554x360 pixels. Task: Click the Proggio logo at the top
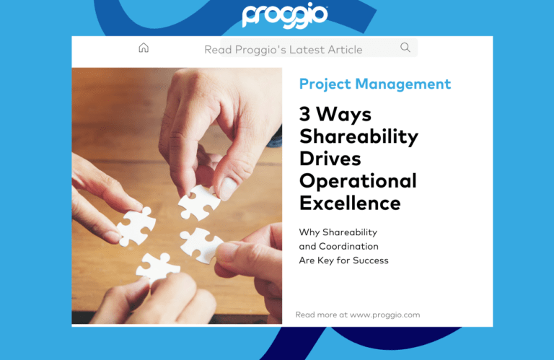(285, 16)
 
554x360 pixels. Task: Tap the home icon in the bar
(144, 48)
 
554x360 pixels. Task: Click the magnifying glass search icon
(405, 48)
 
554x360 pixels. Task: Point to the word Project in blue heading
(324, 84)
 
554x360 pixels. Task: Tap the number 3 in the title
(304, 115)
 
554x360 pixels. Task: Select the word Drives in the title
(330, 158)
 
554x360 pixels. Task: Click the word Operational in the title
(358, 180)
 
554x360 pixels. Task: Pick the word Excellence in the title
(350, 203)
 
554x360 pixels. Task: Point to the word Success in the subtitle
(371, 260)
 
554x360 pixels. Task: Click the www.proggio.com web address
(384, 315)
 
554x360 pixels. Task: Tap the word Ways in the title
(344, 115)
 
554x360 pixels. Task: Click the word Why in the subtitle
(308, 232)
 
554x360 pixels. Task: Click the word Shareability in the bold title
(359, 136)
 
